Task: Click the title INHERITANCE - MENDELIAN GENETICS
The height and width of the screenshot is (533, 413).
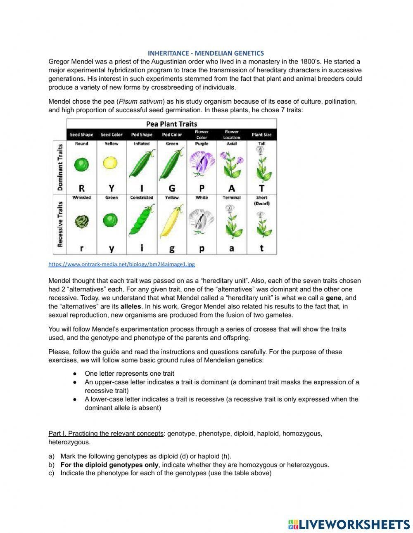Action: pyautogui.click(x=206, y=53)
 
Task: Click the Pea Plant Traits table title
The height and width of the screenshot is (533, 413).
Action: pyautogui.click(x=171, y=124)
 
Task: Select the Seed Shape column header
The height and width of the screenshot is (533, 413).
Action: pyautogui.click(x=81, y=135)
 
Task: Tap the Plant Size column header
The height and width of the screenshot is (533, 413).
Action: pyautogui.click(x=261, y=135)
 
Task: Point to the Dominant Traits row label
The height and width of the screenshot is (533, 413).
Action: pyautogui.click(x=60, y=167)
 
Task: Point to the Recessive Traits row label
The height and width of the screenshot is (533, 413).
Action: pyautogui.click(x=60, y=224)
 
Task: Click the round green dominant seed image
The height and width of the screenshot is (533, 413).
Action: pyautogui.click(x=81, y=165)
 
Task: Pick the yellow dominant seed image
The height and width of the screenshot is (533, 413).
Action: pyautogui.click(x=111, y=163)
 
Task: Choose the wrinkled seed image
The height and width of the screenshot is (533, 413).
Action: pyautogui.click(x=81, y=222)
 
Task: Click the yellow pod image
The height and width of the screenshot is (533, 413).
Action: pyautogui.click(x=171, y=222)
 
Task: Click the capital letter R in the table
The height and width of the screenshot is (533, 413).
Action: pyautogui.click(x=81, y=188)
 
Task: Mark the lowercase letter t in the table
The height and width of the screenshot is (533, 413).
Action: pyautogui.click(x=261, y=248)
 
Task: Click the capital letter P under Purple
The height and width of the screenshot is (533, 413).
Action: pyautogui.click(x=202, y=188)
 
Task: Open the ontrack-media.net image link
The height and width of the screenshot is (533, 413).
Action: pyautogui.click(x=121, y=264)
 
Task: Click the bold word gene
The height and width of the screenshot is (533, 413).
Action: pyautogui.click(x=333, y=298)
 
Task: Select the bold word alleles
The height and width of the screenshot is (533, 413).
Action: pyautogui.click(x=131, y=306)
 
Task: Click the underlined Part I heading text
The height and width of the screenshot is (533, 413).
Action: pyautogui.click(x=106, y=434)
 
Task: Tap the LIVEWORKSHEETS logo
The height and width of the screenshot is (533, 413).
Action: pyautogui.click(x=349, y=524)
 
